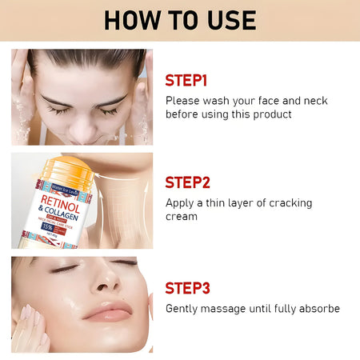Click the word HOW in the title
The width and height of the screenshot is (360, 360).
pyautogui.click(x=131, y=19)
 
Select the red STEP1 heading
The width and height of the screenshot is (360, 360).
pyautogui.click(x=186, y=80)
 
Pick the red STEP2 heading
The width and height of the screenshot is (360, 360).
pyautogui.click(x=188, y=182)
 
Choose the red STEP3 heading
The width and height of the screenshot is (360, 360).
pyautogui.click(x=188, y=288)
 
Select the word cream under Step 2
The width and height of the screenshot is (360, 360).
pyautogui.click(x=181, y=217)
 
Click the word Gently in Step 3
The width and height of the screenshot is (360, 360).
pyautogui.click(x=183, y=309)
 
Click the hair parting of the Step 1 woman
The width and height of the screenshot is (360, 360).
pyautogui.click(x=81, y=54)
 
